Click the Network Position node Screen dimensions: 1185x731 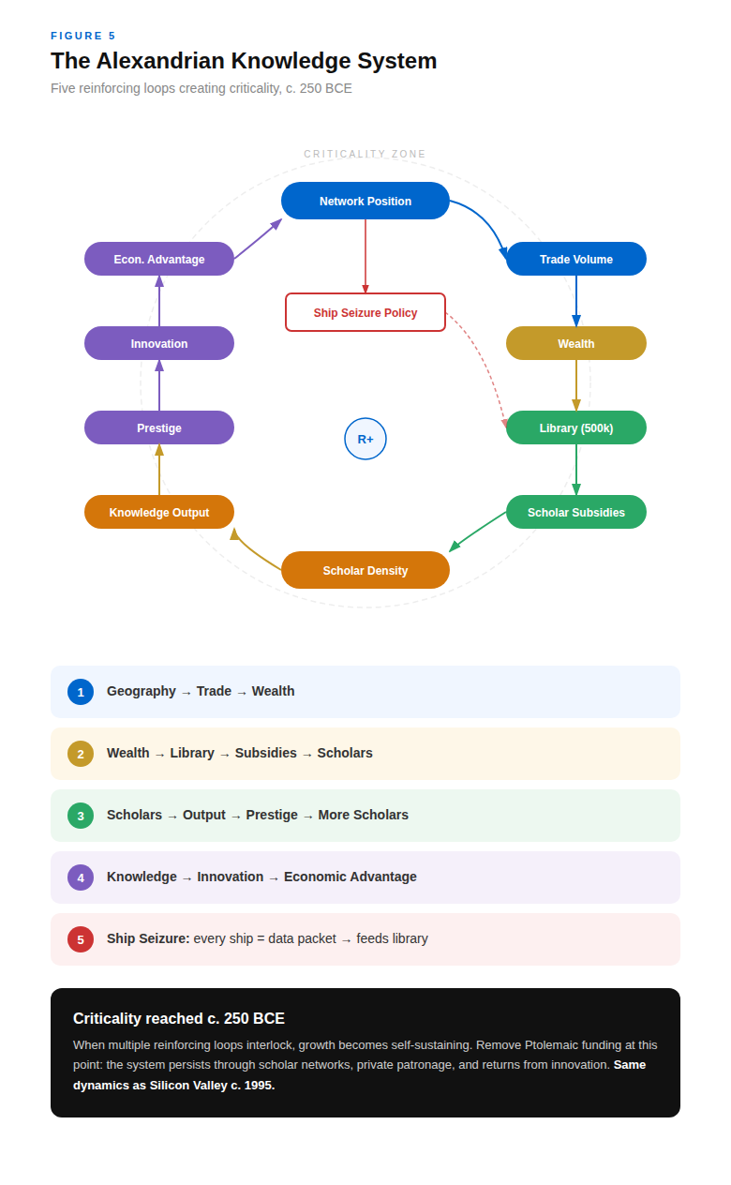click(365, 201)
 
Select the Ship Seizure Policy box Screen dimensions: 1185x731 click(365, 312)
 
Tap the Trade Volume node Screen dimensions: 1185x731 click(576, 259)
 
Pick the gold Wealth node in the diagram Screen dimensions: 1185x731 click(576, 343)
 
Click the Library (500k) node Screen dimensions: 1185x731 click(576, 427)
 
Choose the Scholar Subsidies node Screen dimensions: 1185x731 click(576, 512)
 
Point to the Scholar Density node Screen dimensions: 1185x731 click(365, 570)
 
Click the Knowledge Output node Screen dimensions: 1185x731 click(159, 512)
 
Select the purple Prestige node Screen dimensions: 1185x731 click(159, 427)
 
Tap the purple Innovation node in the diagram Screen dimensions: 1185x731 click(159, 343)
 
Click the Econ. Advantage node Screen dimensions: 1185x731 click(159, 259)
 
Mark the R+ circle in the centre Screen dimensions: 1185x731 click(365, 439)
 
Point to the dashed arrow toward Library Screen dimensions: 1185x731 click(487, 361)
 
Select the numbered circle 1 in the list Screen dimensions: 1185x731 click(81, 692)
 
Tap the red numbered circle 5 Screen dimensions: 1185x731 click(81, 939)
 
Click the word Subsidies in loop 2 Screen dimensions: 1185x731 click(265, 753)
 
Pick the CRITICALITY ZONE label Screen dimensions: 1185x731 click(365, 154)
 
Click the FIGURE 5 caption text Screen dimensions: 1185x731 click(83, 36)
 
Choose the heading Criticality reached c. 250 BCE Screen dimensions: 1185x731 click(179, 1018)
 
